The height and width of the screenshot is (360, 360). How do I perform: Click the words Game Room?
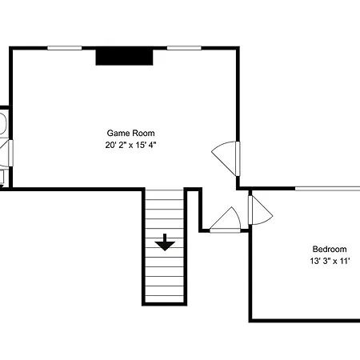(x=130, y=133)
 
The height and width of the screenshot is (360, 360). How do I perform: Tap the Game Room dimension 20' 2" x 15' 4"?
(x=130, y=145)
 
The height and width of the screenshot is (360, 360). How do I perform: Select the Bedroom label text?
(x=330, y=249)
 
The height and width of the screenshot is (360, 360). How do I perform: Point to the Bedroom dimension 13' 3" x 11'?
(x=330, y=261)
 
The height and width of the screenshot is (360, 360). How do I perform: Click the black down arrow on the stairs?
(x=165, y=242)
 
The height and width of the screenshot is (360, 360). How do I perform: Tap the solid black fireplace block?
(x=125, y=57)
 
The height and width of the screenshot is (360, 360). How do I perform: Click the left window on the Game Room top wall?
(x=65, y=48)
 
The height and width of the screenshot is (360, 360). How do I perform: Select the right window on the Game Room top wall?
(x=184, y=48)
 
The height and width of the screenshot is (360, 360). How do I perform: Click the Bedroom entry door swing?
(x=260, y=210)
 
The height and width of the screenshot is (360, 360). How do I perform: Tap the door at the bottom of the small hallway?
(x=226, y=220)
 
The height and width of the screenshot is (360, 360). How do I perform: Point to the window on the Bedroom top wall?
(x=327, y=189)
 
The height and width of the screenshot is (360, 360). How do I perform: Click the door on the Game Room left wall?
(x=10, y=153)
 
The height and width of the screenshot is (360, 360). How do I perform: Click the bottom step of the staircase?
(x=165, y=298)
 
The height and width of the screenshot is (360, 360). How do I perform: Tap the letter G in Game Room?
(x=110, y=133)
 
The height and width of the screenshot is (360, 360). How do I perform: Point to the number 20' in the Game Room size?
(x=110, y=145)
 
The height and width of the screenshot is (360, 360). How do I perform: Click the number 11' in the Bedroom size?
(x=345, y=261)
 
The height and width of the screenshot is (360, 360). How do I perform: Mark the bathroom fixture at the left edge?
(x=3, y=124)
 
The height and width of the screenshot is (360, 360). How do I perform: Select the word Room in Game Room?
(x=145, y=133)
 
